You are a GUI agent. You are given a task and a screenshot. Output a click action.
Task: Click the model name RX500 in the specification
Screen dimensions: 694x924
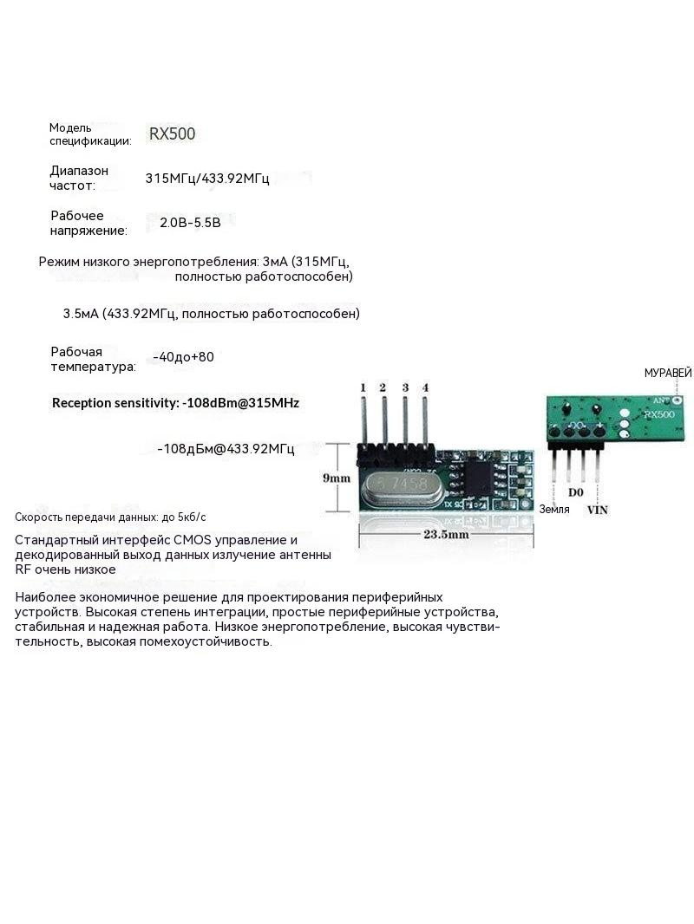pyautogui.click(x=172, y=133)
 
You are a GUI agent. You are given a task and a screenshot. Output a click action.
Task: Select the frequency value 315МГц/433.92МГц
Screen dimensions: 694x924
pyautogui.click(x=207, y=178)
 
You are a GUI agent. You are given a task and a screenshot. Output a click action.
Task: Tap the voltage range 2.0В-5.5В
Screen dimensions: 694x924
pyautogui.click(x=191, y=223)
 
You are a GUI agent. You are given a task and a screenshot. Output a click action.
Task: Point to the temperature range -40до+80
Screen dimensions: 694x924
pyautogui.click(x=183, y=357)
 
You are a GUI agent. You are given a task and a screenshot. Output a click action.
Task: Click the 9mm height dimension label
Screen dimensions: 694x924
pyautogui.click(x=337, y=478)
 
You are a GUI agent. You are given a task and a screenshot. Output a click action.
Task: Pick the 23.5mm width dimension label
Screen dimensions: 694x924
pyautogui.click(x=447, y=535)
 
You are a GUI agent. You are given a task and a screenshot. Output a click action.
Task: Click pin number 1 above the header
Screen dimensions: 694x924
pyautogui.click(x=363, y=387)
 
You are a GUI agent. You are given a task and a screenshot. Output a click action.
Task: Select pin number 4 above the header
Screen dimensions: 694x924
pyautogui.click(x=426, y=387)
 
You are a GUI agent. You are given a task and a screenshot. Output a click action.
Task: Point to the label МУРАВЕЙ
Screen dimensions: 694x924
pyautogui.click(x=668, y=373)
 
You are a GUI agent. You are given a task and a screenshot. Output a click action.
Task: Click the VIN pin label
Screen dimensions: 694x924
pyautogui.click(x=598, y=510)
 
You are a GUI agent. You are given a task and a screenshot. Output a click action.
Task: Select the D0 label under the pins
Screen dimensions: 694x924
pyautogui.click(x=575, y=492)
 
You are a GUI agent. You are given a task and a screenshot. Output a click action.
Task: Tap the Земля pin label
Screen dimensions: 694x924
pyautogui.click(x=554, y=509)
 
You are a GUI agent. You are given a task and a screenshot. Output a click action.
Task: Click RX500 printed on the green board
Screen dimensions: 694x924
pyautogui.click(x=659, y=414)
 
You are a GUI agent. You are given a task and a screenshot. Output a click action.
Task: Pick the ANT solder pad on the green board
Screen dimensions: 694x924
pyautogui.click(x=677, y=400)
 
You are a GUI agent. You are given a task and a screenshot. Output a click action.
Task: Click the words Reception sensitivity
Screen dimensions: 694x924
pyautogui.click(x=115, y=403)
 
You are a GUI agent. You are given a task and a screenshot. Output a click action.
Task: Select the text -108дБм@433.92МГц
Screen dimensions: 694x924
pyautogui.click(x=226, y=449)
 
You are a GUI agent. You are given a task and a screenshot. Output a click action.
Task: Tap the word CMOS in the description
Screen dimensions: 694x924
pyautogui.click(x=192, y=540)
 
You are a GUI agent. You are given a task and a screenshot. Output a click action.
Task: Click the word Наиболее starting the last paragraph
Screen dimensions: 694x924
pyautogui.click(x=44, y=597)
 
